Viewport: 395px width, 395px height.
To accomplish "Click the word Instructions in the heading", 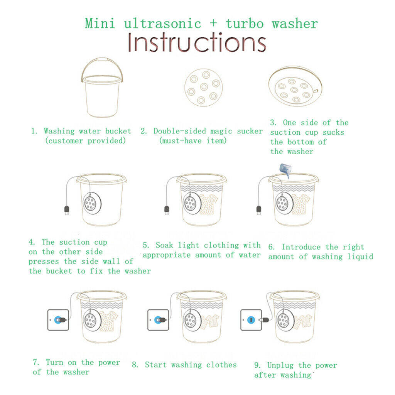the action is click(x=197, y=42).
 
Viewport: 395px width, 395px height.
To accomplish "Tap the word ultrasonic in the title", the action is click(x=163, y=24).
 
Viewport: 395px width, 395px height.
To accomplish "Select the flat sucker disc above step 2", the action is click(x=204, y=88).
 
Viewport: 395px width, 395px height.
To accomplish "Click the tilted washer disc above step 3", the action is click(x=295, y=86).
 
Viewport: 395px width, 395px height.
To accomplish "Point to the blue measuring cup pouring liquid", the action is click(x=285, y=170).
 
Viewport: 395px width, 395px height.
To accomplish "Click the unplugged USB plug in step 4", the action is click(x=67, y=211).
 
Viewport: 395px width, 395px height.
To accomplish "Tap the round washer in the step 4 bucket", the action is click(x=92, y=203).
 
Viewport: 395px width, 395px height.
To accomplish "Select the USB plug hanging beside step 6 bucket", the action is click(x=259, y=211).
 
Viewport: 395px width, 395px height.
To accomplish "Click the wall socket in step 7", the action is click(x=58, y=320).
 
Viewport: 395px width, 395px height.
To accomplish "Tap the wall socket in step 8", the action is click(x=158, y=320).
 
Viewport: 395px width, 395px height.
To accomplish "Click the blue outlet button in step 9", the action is click(x=251, y=320).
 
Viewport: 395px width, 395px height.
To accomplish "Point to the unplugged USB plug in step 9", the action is click(x=265, y=320).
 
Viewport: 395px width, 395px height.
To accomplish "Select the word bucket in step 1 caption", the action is click(x=118, y=131).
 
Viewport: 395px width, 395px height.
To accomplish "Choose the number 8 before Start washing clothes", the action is click(x=135, y=365).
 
